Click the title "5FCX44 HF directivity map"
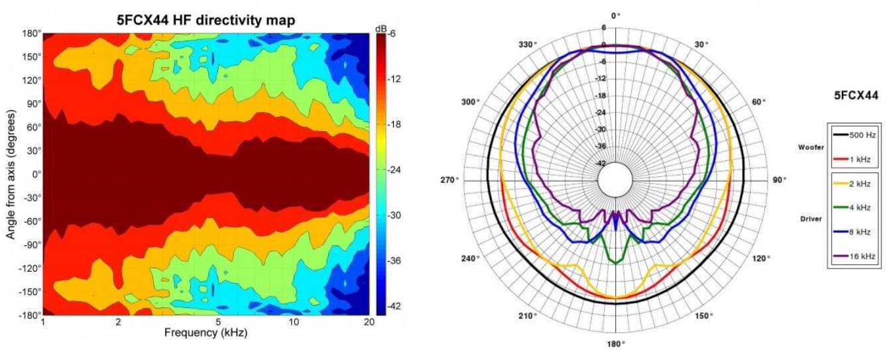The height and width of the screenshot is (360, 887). click(x=206, y=21)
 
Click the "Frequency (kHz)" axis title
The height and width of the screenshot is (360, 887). click(x=206, y=333)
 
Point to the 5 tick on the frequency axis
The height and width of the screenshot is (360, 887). click(x=218, y=322)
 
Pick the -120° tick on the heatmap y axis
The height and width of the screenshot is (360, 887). click(x=27, y=268)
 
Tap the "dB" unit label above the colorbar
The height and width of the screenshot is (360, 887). click(x=381, y=29)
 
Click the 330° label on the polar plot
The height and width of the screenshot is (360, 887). click(x=528, y=44)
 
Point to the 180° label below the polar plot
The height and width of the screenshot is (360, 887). click(x=616, y=344)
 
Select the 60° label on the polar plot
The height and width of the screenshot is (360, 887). click(x=759, y=102)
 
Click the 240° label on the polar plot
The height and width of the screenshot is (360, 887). click(x=473, y=258)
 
